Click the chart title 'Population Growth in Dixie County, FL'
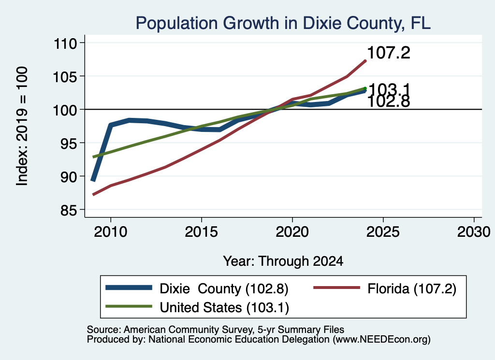coord(283,23)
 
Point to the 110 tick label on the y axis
coord(65,43)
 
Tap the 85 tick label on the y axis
coord(69,210)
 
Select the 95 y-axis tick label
coord(69,143)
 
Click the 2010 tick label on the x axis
coord(111,232)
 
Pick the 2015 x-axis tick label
coord(202,232)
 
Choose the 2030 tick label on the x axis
coord(474,232)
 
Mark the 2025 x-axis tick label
coord(383,232)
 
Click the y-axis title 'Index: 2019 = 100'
coord(22,126)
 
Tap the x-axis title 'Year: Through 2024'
coord(283,261)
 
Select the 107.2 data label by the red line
coord(389,52)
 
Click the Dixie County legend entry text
coord(224,288)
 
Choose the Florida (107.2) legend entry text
coord(412,288)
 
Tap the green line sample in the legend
coord(129,306)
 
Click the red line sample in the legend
coord(336,288)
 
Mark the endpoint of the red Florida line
coord(365,61)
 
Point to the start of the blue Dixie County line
coord(93,181)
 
